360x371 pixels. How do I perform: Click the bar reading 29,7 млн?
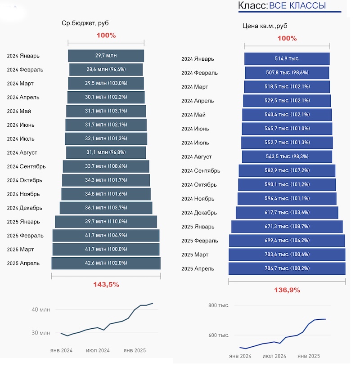tap(106, 56)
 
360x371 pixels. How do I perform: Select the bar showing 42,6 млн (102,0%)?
tap(106, 263)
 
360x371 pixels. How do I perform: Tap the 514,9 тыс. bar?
tap(287, 58)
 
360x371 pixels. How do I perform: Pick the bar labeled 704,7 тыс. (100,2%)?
tap(287, 268)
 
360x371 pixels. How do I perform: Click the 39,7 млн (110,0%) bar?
tap(106, 222)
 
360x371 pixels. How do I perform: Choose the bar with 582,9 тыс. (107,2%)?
tap(287, 171)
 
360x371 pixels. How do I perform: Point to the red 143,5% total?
tap(106, 284)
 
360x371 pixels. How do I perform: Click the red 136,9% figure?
tap(287, 290)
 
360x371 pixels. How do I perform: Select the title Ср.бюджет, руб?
tap(85, 23)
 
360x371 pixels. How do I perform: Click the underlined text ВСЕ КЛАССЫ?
tap(297, 6)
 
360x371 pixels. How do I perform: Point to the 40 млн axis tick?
tap(41, 309)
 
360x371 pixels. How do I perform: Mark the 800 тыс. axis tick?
tap(219, 305)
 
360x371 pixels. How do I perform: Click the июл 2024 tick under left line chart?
tap(98, 350)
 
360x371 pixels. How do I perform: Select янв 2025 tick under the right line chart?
tap(309, 356)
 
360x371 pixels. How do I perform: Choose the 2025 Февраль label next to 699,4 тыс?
tap(200, 241)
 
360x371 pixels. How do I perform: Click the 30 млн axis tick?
tap(41, 333)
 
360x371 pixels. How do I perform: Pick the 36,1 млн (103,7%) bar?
tap(106, 208)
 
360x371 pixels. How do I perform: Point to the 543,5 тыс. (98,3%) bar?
tap(287, 156)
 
